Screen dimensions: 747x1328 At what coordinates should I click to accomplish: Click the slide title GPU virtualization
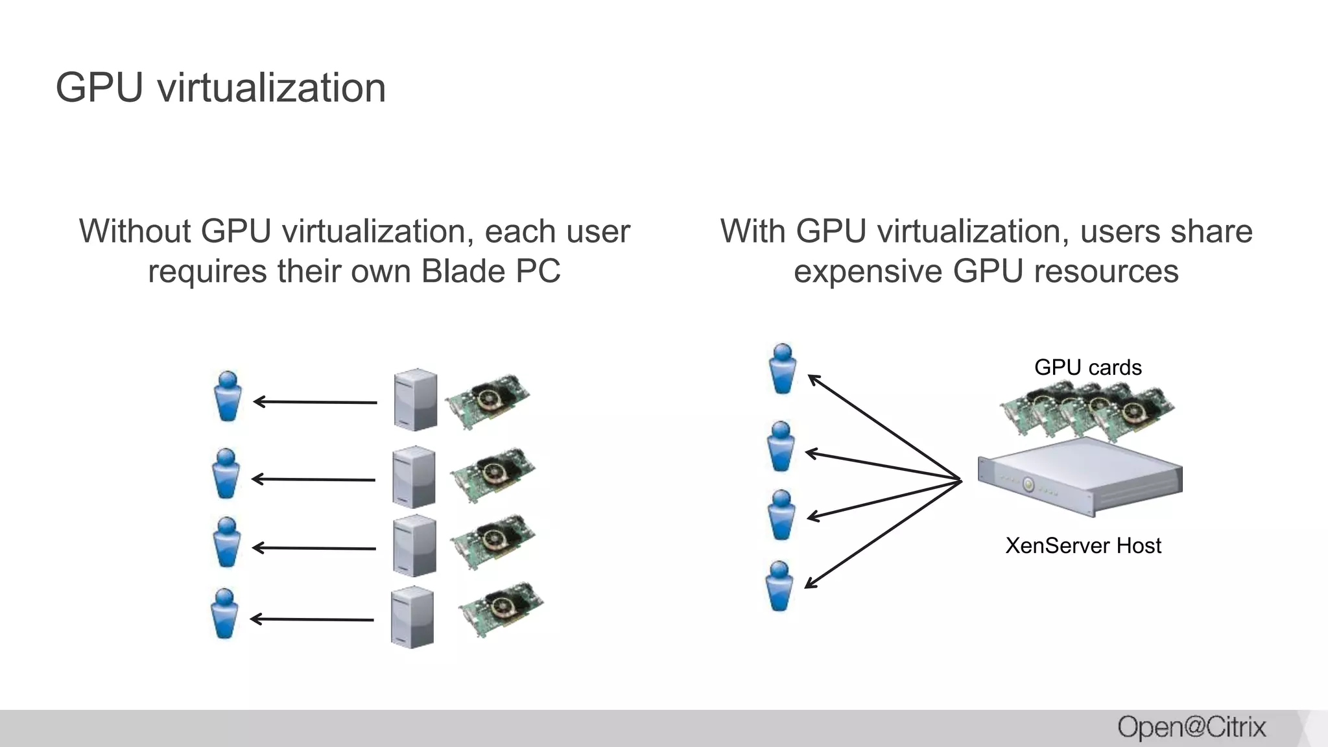click(220, 88)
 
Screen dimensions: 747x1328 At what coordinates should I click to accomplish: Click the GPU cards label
click(1087, 368)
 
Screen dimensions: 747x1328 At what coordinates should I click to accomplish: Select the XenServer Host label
click(1083, 545)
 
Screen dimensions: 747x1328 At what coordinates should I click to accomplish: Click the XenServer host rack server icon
click(1080, 477)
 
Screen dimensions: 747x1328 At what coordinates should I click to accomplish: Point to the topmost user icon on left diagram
click(228, 396)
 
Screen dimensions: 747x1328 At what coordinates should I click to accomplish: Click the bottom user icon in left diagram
click(225, 613)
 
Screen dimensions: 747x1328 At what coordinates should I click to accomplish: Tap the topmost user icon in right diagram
click(783, 369)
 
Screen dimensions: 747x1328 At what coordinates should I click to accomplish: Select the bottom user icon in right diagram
click(779, 586)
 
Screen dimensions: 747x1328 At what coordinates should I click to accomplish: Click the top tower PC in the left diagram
click(415, 399)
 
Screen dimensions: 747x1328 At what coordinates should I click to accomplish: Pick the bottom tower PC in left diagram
click(412, 617)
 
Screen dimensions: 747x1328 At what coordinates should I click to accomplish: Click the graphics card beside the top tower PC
click(488, 400)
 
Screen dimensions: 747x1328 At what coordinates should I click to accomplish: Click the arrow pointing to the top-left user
click(315, 402)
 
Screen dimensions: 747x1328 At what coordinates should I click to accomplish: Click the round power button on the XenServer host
click(1028, 484)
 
